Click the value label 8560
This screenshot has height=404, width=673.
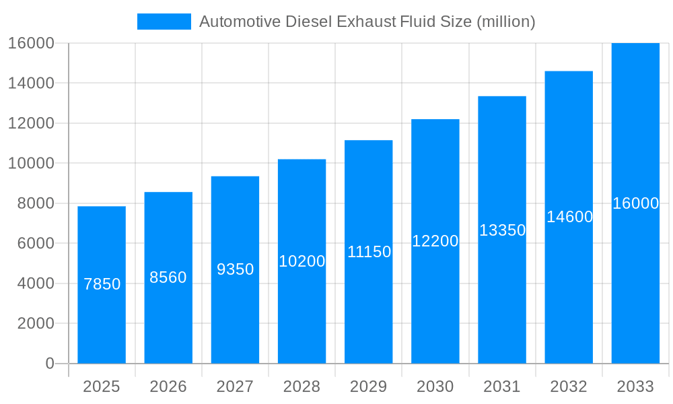point(168,277)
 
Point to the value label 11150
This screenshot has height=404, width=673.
point(369,252)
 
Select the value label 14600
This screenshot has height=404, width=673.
point(569,217)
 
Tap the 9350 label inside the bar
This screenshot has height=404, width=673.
point(235,269)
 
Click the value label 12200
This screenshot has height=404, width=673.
point(435,241)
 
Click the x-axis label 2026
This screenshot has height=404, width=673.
point(168,386)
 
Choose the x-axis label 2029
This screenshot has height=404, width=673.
point(369,386)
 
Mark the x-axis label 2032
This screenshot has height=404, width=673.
point(569,386)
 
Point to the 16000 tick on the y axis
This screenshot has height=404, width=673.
point(31,43)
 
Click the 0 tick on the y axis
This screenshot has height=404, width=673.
point(49,364)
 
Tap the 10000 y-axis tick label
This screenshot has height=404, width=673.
point(31,163)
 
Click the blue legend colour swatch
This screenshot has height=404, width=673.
point(164,22)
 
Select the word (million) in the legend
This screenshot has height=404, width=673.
point(505,22)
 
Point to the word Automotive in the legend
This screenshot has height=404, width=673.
point(240,22)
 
